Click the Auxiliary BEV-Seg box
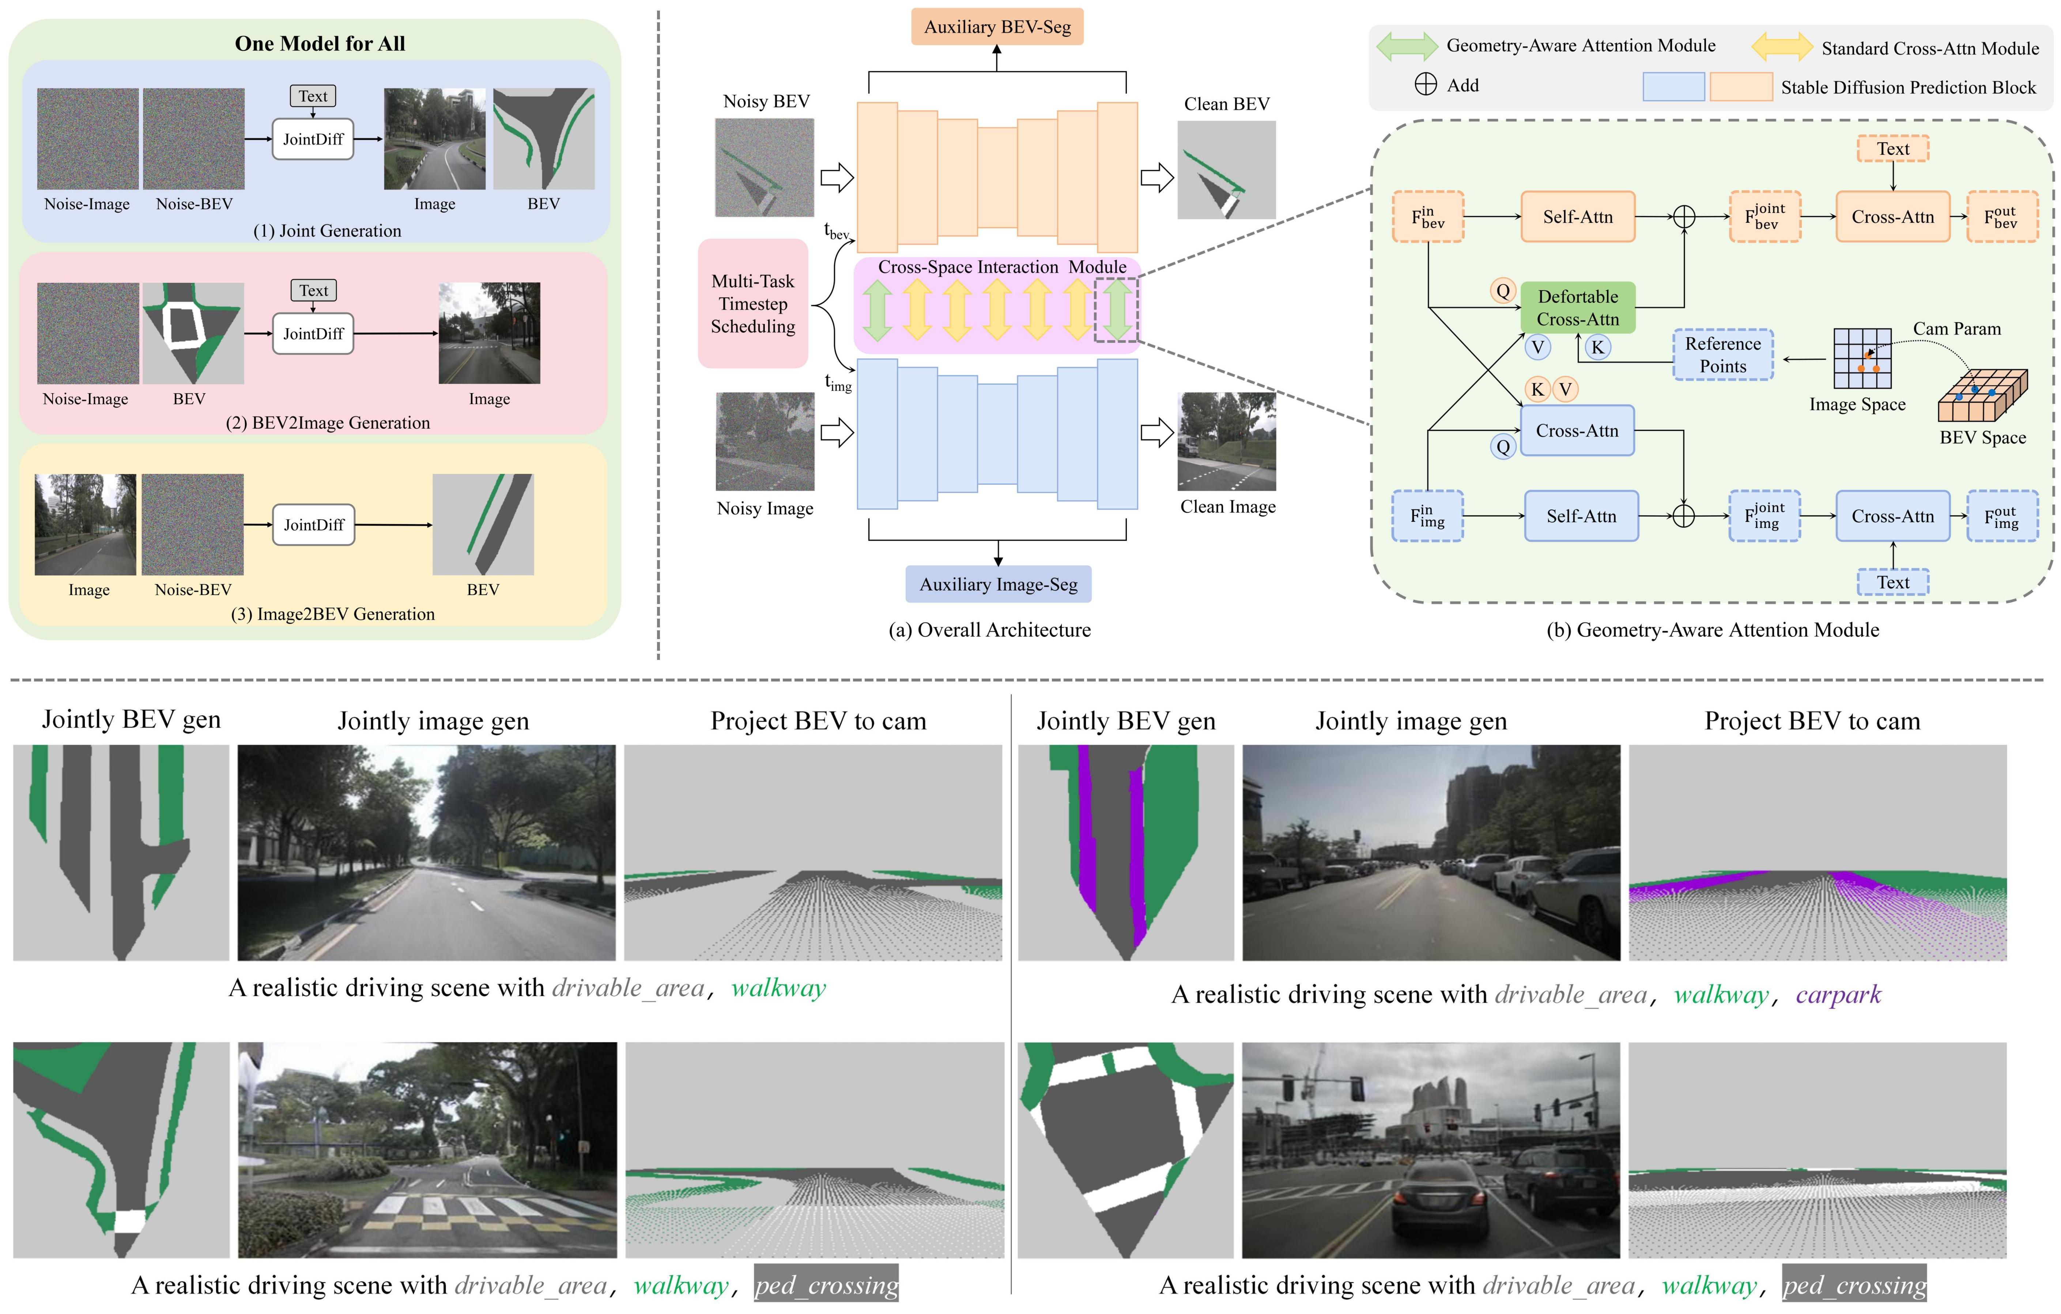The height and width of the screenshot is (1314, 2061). tap(997, 27)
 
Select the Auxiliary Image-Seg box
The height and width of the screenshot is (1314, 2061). tap(998, 584)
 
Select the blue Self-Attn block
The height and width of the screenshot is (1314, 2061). tap(1581, 516)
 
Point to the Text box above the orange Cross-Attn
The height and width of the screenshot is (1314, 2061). tap(1892, 149)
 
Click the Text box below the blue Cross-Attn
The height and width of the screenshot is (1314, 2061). tap(1892, 582)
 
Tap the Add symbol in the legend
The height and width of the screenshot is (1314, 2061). tap(1426, 85)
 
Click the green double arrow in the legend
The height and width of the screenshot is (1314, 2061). tap(1406, 46)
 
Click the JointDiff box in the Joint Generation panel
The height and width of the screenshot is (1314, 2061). tap(313, 138)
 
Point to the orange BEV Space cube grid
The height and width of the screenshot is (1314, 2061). tap(1982, 395)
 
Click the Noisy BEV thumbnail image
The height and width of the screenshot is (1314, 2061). tap(764, 168)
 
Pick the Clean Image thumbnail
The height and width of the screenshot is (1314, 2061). tap(1227, 441)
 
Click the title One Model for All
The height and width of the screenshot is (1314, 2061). tap(320, 43)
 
